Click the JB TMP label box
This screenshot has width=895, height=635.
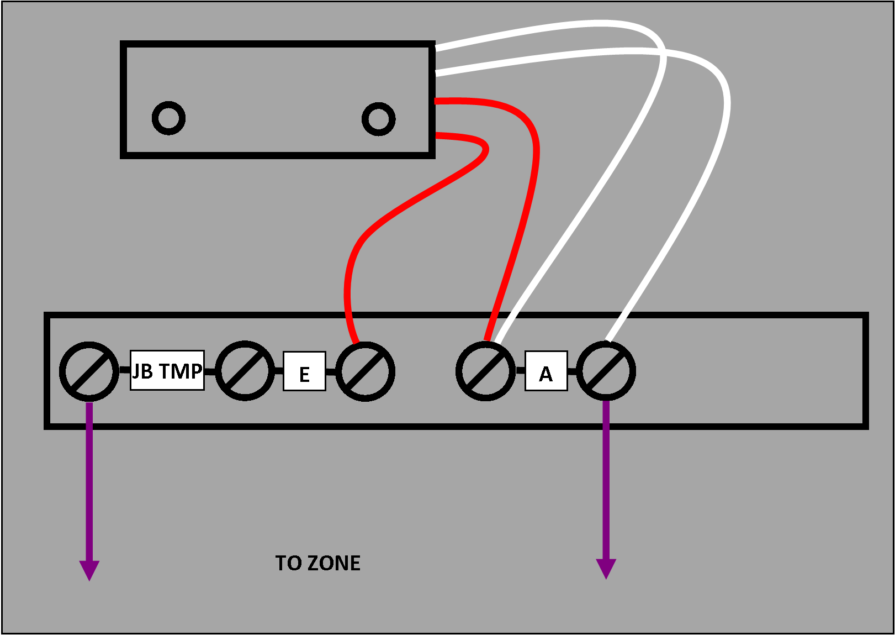click(167, 370)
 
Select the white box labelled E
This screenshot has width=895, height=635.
click(304, 371)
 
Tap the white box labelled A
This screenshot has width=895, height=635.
click(546, 371)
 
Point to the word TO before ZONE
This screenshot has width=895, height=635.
click(288, 563)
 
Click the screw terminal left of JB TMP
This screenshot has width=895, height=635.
click(89, 371)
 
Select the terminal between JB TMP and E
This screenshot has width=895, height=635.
click(245, 371)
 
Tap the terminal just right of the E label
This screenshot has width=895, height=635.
click(365, 371)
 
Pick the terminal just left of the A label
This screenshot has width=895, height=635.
click(485, 371)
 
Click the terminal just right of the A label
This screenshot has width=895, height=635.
click(606, 371)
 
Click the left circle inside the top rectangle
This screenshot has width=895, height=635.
click(168, 118)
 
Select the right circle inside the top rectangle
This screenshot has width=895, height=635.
click(378, 118)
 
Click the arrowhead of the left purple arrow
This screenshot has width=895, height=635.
click(89, 569)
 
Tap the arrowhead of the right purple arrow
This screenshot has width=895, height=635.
click(606, 568)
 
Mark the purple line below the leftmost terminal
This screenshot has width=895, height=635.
click(89, 481)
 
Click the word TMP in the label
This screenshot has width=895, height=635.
click(181, 371)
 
